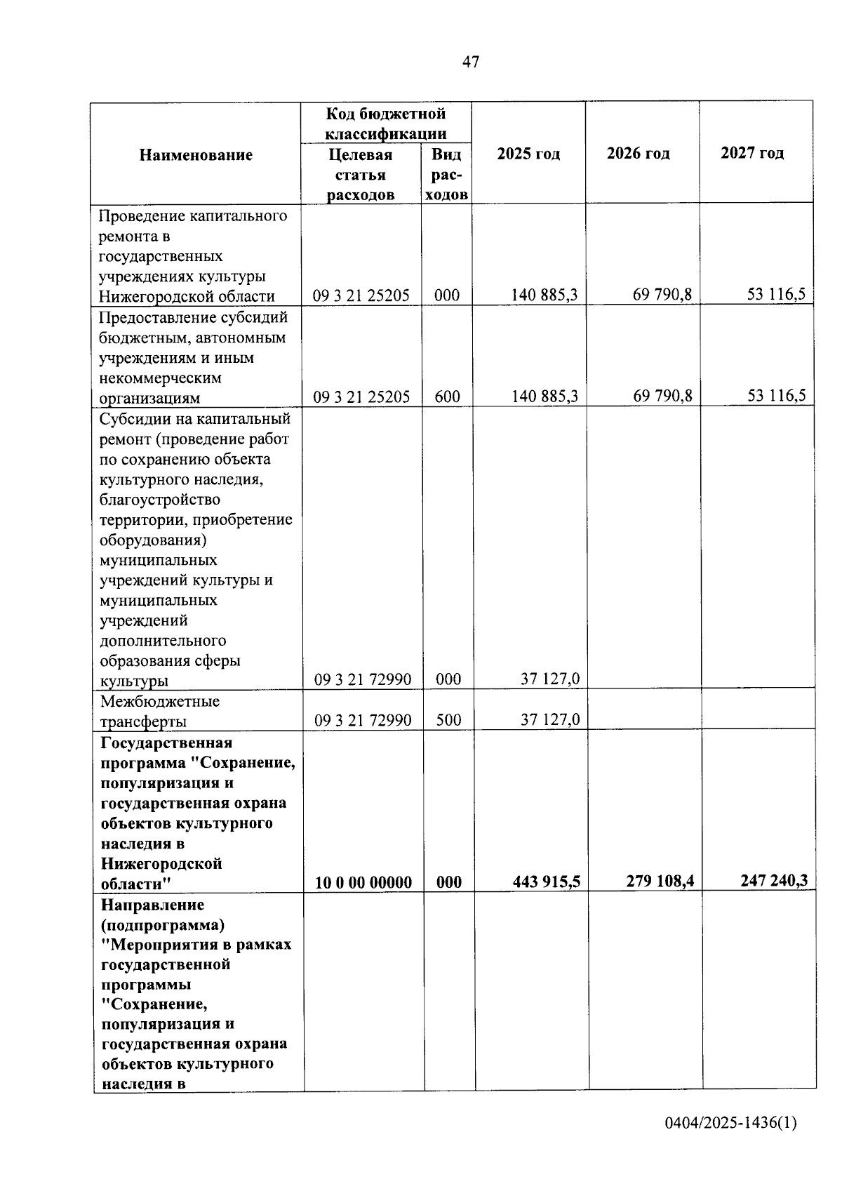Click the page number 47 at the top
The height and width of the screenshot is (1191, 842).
tap(471, 62)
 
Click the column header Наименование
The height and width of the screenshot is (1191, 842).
tap(196, 155)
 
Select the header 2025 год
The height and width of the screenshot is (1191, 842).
tap(528, 154)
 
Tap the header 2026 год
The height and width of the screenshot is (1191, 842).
tap(638, 153)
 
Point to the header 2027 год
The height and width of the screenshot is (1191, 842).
tap(752, 152)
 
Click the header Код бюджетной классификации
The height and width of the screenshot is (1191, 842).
tap(386, 124)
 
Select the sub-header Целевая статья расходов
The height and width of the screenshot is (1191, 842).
tap(361, 175)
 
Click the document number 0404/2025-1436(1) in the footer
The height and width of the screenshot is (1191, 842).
tap(731, 1123)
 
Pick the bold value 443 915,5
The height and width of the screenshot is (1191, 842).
tap(547, 881)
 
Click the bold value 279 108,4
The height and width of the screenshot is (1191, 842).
tap(660, 881)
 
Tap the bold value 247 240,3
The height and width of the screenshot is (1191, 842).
tap(774, 880)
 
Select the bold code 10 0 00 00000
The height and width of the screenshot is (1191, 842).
tap(363, 882)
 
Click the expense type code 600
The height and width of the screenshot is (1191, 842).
tap(447, 397)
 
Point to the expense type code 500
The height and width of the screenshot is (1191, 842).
tap(448, 720)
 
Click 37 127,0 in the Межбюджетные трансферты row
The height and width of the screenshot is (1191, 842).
tap(550, 719)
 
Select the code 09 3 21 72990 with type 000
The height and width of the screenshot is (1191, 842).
tap(363, 679)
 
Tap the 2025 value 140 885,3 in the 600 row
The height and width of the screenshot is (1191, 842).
tap(544, 397)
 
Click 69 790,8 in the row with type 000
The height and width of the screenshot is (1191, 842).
tap(662, 295)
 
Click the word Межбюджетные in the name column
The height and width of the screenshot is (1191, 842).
tap(160, 701)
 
